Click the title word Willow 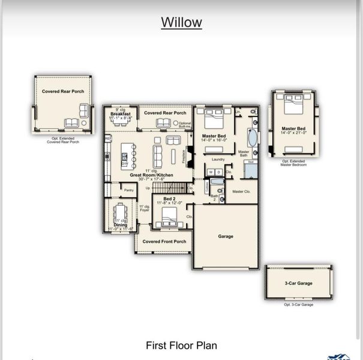click(181, 23)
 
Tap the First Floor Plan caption click(181, 345)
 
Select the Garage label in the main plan click(226, 236)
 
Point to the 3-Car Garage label click(298, 283)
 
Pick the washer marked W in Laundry click(211, 172)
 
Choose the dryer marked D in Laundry click(218, 172)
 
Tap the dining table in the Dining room click(119, 212)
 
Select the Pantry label click(129, 190)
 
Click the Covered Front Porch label click(164, 241)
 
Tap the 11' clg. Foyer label click(145, 208)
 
